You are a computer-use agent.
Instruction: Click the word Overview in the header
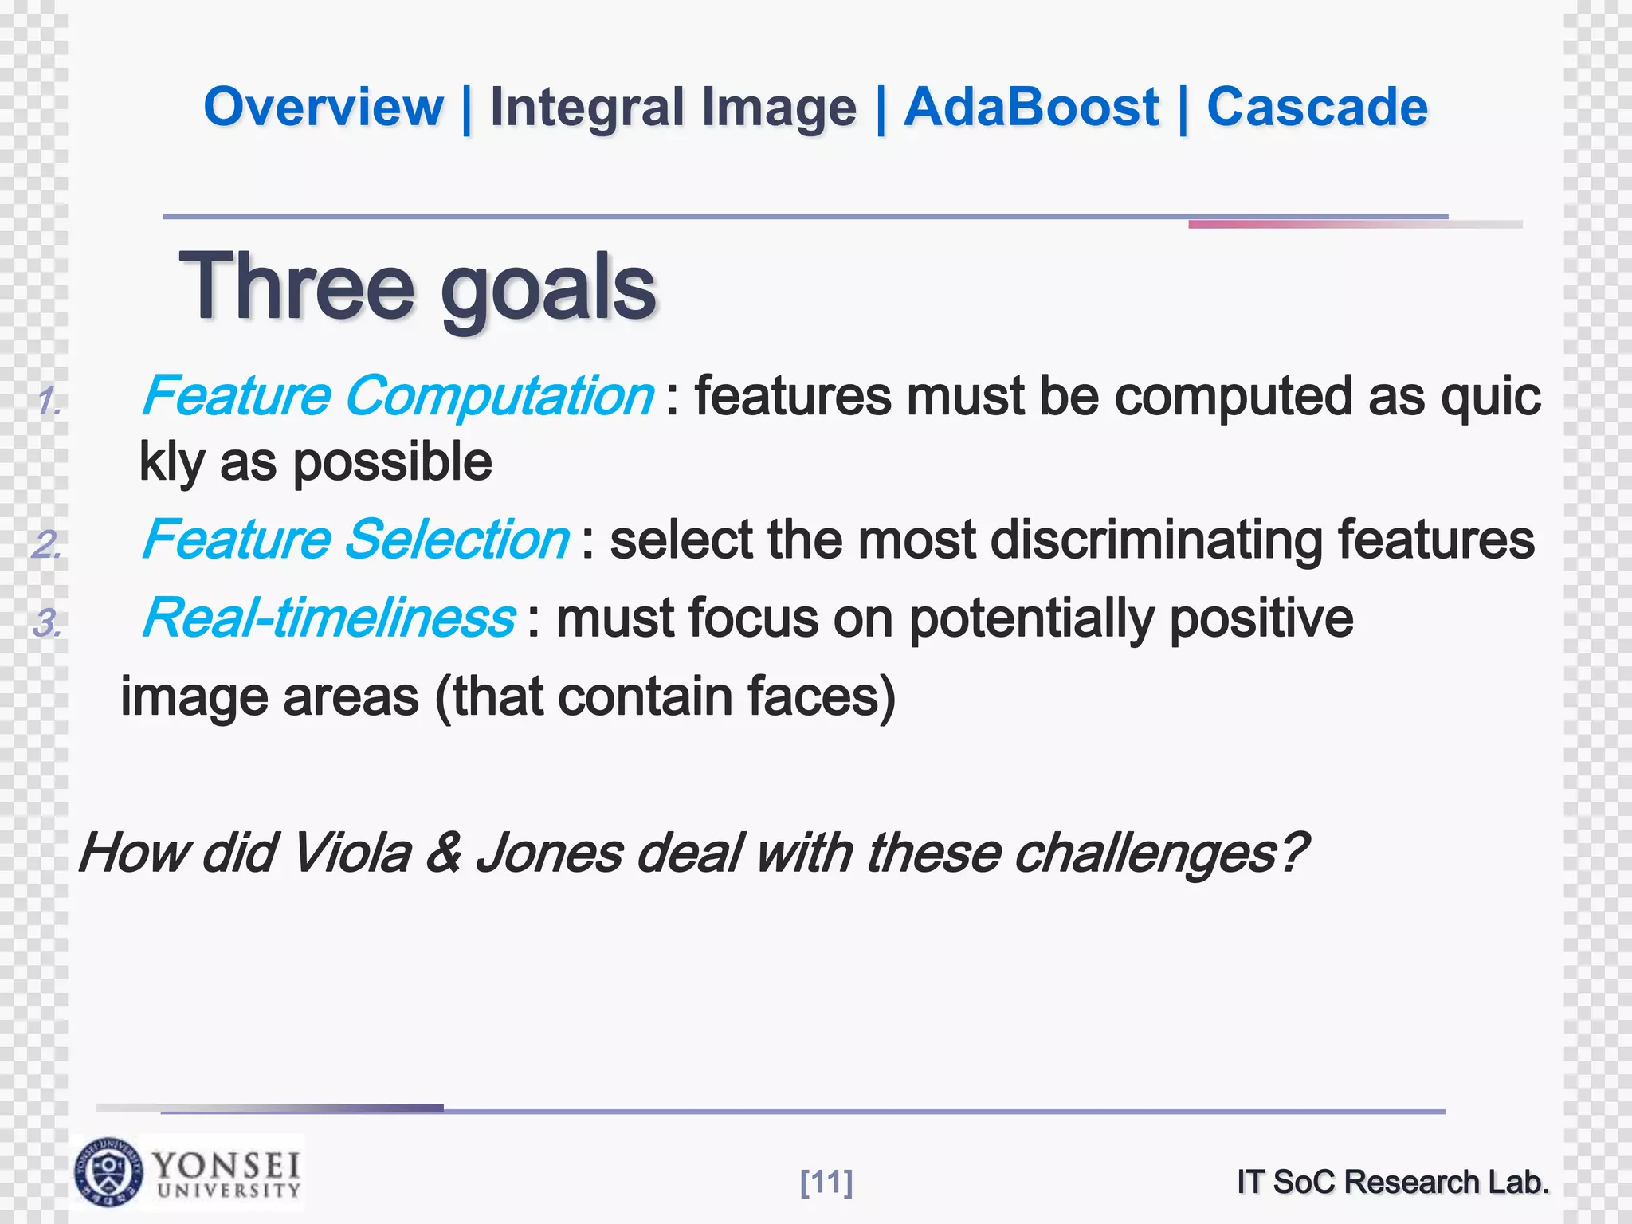(x=323, y=108)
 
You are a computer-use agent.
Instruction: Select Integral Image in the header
(x=673, y=108)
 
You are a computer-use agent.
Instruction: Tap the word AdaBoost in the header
(x=1031, y=108)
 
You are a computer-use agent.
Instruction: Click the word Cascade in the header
(x=1317, y=108)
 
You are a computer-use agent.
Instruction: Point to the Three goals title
(x=418, y=287)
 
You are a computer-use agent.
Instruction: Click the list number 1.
(x=49, y=401)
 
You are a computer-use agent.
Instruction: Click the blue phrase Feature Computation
(x=397, y=396)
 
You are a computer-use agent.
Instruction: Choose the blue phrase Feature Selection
(x=355, y=540)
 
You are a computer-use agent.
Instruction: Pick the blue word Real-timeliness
(x=328, y=618)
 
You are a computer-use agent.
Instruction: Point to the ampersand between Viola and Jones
(x=443, y=853)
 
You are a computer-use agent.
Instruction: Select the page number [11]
(x=826, y=1182)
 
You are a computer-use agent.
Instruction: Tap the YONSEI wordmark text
(x=226, y=1165)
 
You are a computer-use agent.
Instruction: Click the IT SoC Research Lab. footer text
(x=1393, y=1182)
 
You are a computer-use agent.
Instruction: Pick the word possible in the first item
(x=393, y=462)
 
